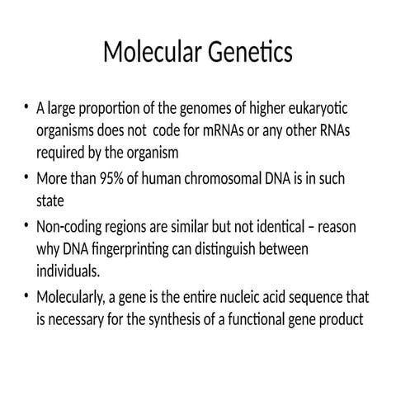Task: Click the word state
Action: tap(51, 200)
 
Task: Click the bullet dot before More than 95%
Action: tap(28, 178)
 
